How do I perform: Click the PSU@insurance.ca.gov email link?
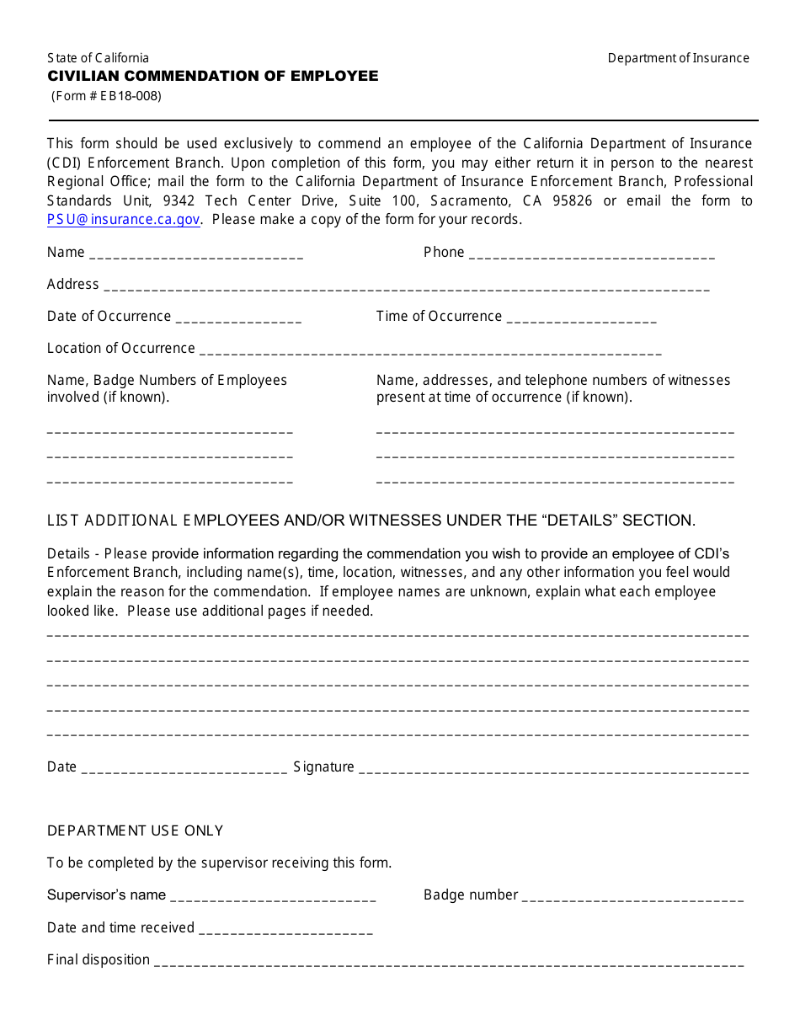pos(124,220)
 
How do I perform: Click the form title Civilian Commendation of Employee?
pos(213,76)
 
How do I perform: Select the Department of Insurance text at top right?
pos(678,58)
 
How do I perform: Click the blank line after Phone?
pos(591,254)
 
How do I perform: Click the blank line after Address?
pos(406,286)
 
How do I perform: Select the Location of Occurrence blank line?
pos(429,350)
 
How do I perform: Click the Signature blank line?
pos(553,769)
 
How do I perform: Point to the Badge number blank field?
pos(632,897)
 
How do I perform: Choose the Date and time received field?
pos(285,930)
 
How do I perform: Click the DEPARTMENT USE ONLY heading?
pos(136,830)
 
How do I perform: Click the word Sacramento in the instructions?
pos(470,200)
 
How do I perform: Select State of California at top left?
pos(98,58)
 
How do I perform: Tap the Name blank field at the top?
pos(195,254)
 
